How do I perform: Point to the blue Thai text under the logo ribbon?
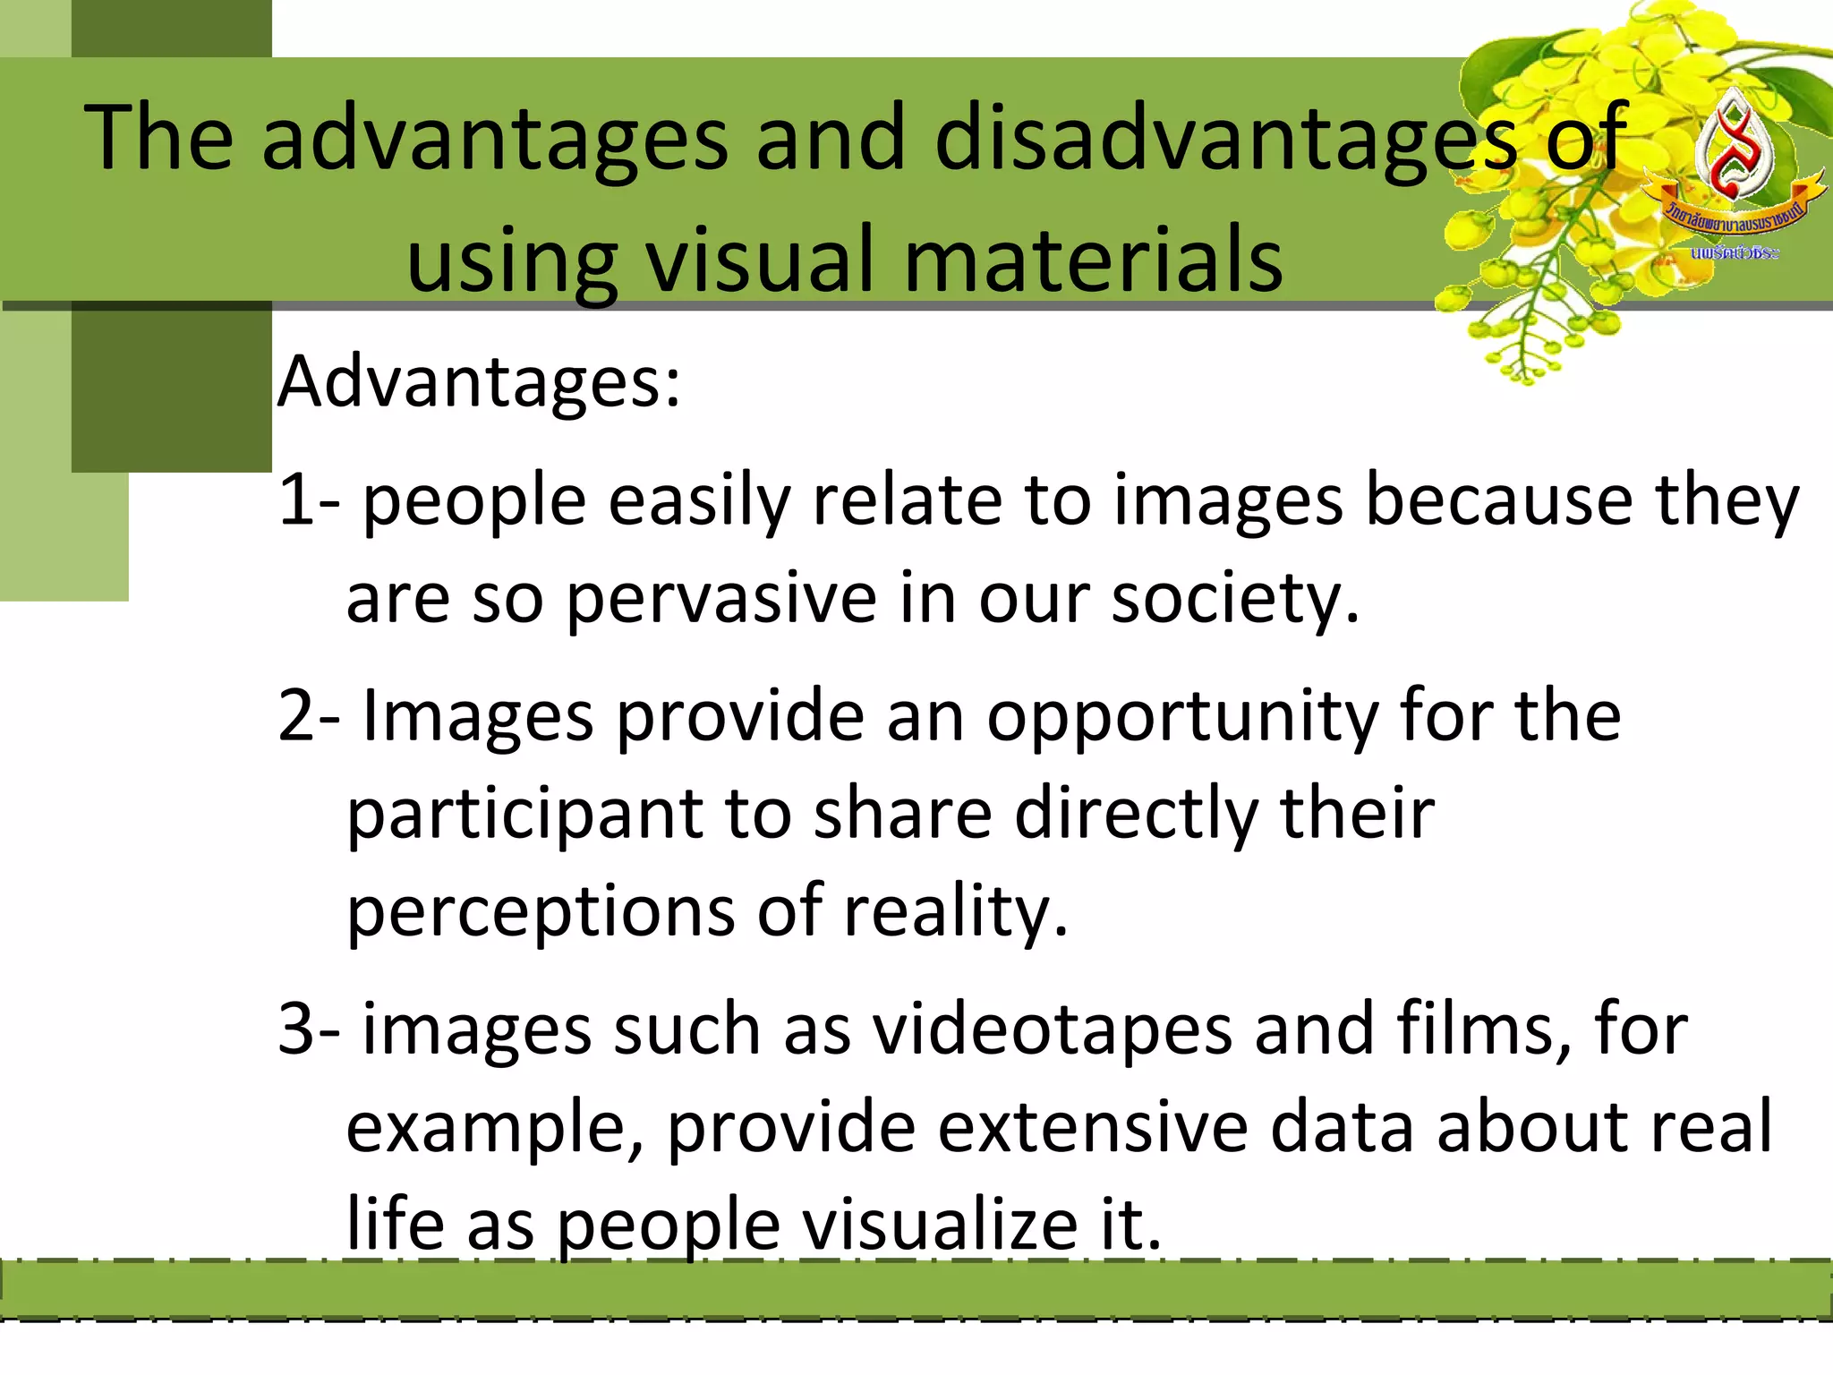tap(1735, 253)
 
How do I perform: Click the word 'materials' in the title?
tap(1094, 260)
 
